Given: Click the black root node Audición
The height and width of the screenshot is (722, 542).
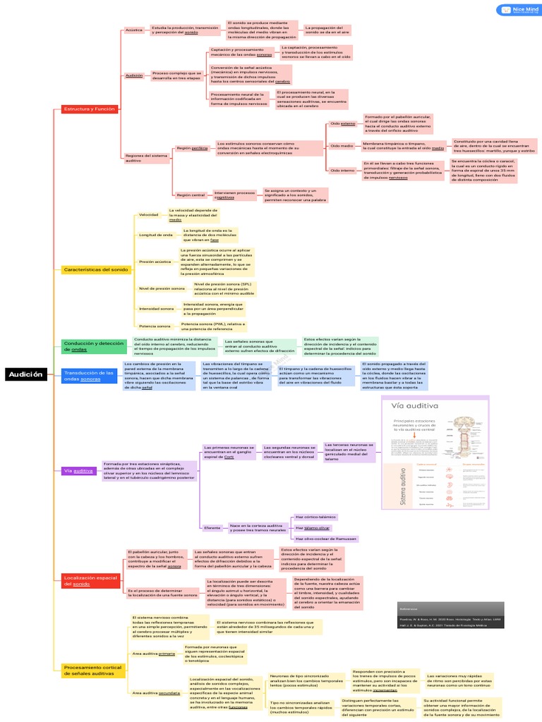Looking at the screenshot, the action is (26, 375).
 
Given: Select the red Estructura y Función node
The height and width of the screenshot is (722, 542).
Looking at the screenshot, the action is (89, 109).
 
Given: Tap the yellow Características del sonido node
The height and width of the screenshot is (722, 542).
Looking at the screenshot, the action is (95, 269).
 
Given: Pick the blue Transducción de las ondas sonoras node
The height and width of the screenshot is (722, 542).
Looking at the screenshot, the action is (88, 375).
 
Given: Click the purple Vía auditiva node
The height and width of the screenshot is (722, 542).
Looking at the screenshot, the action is (78, 470).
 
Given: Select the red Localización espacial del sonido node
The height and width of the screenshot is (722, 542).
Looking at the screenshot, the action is (90, 580).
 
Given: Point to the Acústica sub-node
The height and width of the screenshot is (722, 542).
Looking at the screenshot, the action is (134, 30).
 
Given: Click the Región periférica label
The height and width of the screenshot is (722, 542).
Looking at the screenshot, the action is (192, 149).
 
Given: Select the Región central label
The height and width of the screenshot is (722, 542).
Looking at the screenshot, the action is (191, 195).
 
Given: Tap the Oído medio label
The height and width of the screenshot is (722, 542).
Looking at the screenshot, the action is (342, 146).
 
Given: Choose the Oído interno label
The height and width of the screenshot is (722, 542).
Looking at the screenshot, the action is (343, 171).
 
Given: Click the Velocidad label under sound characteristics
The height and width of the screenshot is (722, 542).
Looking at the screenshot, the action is (148, 214).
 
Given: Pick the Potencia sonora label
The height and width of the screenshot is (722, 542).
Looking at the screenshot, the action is (155, 326).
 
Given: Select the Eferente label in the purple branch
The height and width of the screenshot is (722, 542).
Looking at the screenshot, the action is (212, 527).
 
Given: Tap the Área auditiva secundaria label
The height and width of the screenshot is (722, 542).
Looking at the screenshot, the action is (155, 693).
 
